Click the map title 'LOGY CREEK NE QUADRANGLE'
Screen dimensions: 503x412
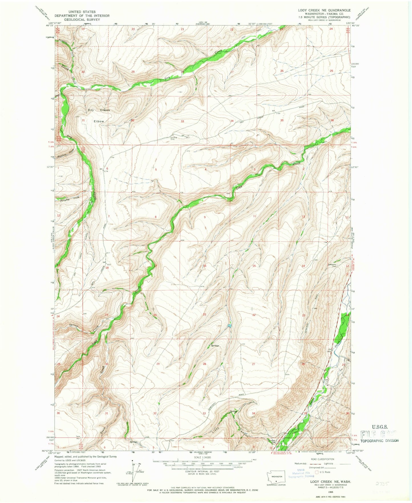(x=324, y=10)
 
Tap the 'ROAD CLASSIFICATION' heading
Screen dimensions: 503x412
(x=322, y=459)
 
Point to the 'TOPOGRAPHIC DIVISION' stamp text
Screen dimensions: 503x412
(x=379, y=441)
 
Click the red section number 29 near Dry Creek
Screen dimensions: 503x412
(x=133, y=72)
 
